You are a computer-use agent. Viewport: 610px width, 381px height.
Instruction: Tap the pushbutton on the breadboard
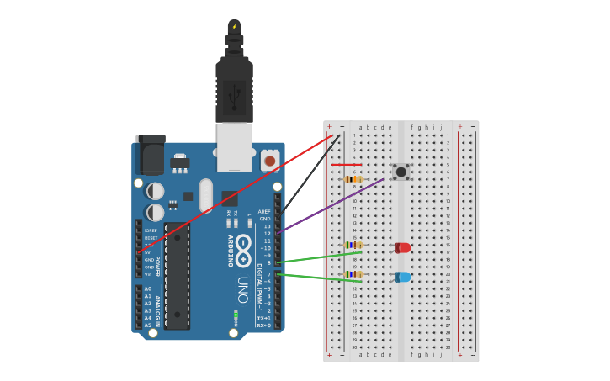click(401, 172)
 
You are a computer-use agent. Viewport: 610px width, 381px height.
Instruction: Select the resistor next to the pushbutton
click(353, 179)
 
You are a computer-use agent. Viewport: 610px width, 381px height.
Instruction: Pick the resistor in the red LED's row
click(353, 245)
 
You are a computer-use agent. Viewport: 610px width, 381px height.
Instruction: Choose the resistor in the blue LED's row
click(353, 274)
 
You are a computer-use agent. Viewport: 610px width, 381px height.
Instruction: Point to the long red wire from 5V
click(236, 193)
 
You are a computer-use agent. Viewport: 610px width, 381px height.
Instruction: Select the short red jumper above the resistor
click(346, 165)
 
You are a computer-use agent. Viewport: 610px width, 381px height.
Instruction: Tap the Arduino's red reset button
click(269, 160)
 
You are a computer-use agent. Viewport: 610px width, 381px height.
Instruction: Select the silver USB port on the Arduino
click(234, 146)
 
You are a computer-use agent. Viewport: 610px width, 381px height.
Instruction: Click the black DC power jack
click(150, 155)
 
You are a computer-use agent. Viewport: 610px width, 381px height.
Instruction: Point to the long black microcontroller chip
click(177, 276)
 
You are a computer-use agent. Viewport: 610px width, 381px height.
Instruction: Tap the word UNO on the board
click(242, 289)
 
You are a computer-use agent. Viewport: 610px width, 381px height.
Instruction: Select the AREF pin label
click(264, 212)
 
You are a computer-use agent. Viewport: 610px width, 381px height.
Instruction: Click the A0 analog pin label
click(148, 288)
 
